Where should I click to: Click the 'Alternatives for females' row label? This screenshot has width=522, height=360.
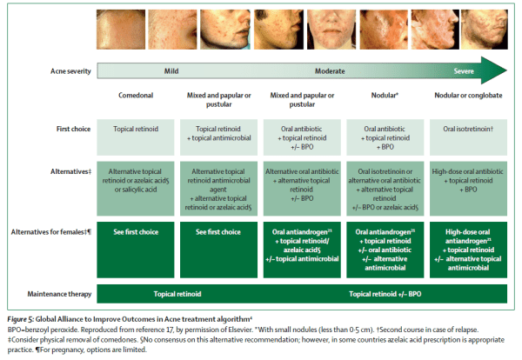47,231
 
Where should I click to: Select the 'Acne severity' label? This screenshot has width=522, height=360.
64,71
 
